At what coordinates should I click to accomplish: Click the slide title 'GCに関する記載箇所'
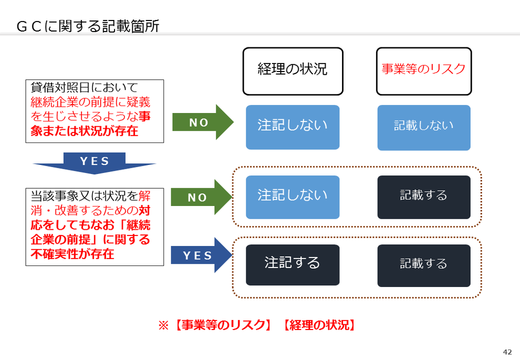click(88, 26)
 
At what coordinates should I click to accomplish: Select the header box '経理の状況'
click(293, 71)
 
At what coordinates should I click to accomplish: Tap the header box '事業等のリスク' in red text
click(424, 71)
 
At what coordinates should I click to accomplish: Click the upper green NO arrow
click(203, 122)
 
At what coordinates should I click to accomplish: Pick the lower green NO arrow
click(201, 197)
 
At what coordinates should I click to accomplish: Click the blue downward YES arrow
click(95, 162)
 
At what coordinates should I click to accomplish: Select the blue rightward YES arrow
click(201, 255)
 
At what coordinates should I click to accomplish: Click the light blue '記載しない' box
click(424, 128)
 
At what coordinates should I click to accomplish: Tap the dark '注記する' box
click(293, 265)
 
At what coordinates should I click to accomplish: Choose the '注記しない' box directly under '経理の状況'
click(293, 127)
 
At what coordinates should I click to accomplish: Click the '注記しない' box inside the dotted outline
click(293, 197)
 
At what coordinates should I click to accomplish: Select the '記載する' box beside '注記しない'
click(424, 197)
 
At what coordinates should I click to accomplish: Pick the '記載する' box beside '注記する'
click(424, 265)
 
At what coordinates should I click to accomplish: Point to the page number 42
click(507, 352)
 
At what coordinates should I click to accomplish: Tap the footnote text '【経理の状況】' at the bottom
click(319, 325)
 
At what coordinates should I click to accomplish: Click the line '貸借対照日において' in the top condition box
click(84, 88)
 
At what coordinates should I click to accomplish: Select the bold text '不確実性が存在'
click(72, 254)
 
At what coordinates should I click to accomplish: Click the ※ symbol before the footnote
click(163, 325)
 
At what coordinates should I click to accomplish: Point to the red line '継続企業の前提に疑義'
click(90, 102)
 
